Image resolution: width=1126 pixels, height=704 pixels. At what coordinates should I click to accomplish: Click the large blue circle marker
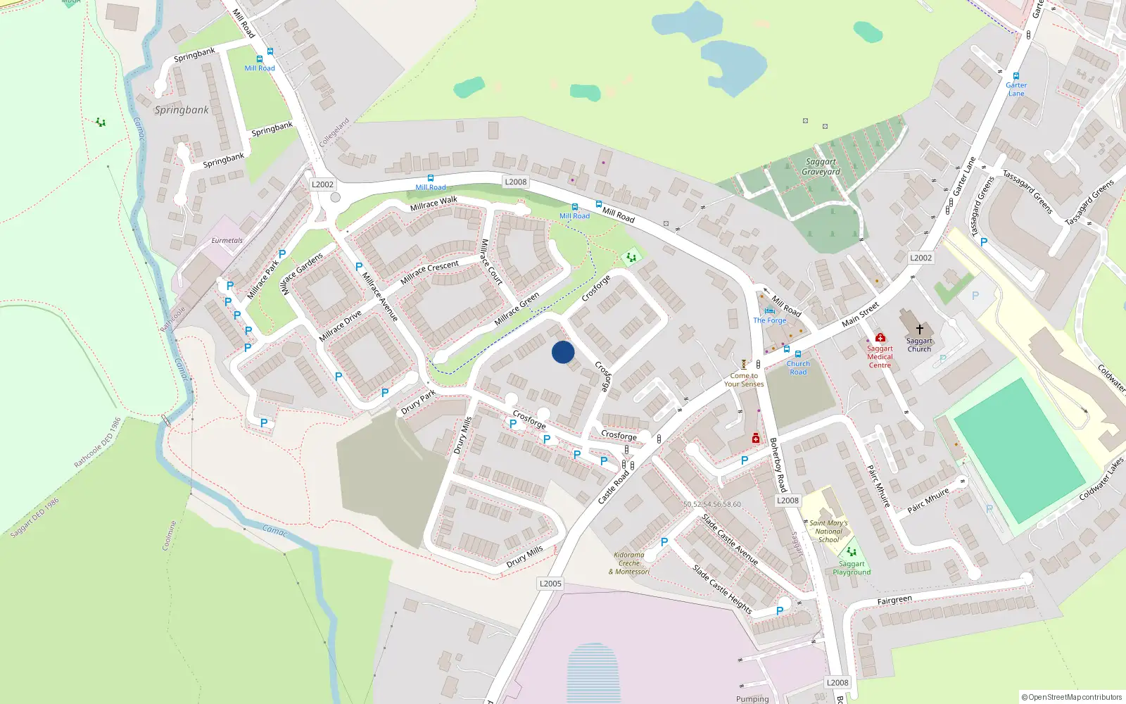click(x=563, y=352)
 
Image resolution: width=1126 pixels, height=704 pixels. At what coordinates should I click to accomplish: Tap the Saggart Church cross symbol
click(x=919, y=329)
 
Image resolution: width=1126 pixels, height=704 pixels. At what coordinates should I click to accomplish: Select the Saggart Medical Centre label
click(x=880, y=357)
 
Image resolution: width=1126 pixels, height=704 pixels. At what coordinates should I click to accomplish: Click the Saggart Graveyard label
click(x=821, y=167)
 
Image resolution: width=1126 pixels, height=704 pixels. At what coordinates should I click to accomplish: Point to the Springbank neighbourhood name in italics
click(x=182, y=110)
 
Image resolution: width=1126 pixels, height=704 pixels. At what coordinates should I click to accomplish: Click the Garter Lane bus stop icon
click(x=1016, y=76)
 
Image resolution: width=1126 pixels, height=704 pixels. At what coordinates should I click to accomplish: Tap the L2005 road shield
click(x=550, y=584)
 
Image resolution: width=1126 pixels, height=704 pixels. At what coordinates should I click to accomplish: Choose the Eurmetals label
click(x=227, y=241)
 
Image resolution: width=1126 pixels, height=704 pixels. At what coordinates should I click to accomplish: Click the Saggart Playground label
click(x=852, y=568)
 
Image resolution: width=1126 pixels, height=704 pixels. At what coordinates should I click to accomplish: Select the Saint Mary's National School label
click(x=828, y=532)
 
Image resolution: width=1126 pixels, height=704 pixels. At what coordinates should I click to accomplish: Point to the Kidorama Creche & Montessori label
click(x=629, y=563)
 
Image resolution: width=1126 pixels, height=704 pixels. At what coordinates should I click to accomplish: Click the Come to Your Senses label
click(x=744, y=380)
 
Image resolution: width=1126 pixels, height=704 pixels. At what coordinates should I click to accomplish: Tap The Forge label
click(x=769, y=320)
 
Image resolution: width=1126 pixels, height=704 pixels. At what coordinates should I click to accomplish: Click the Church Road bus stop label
click(x=798, y=367)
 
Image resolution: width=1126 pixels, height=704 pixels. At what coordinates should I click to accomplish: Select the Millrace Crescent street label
click(x=429, y=272)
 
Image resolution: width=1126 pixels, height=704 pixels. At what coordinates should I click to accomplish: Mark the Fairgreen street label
click(x=894, y=601)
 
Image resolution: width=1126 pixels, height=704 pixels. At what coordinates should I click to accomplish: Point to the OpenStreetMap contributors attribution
click(x=1072, y=697)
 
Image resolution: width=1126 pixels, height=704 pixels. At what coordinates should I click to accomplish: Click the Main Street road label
click(x=860, y=315)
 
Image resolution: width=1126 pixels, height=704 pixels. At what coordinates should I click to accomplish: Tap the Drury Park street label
click(x=419, y=402)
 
